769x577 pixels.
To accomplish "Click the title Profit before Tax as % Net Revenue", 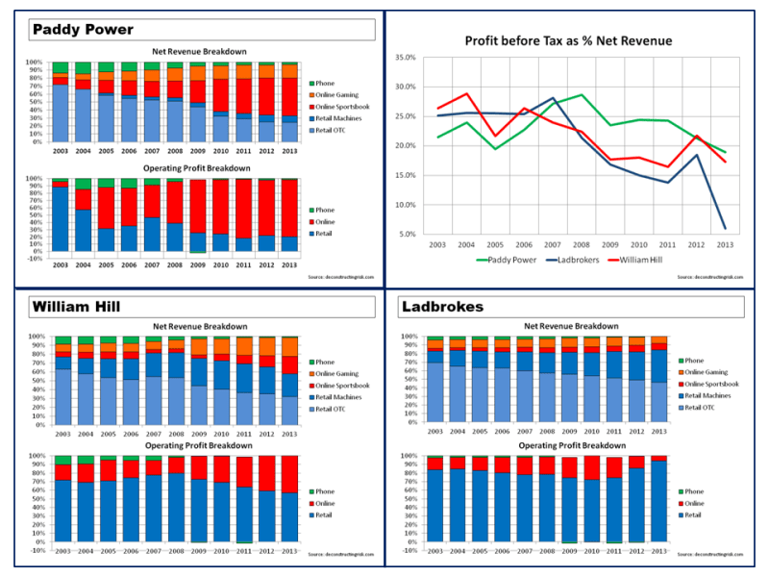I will pyautogui.click(x=567, y=41).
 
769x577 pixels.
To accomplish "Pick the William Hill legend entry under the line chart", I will pyautogui.click(x=659, y=258).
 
